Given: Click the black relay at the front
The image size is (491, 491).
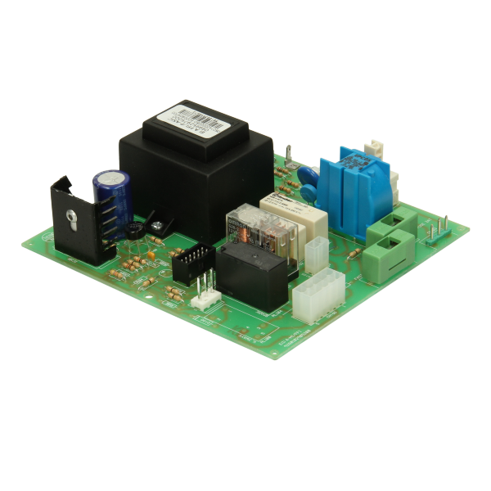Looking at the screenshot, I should pos(252,274).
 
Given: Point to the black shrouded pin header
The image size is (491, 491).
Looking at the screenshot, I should pos(194,265).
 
